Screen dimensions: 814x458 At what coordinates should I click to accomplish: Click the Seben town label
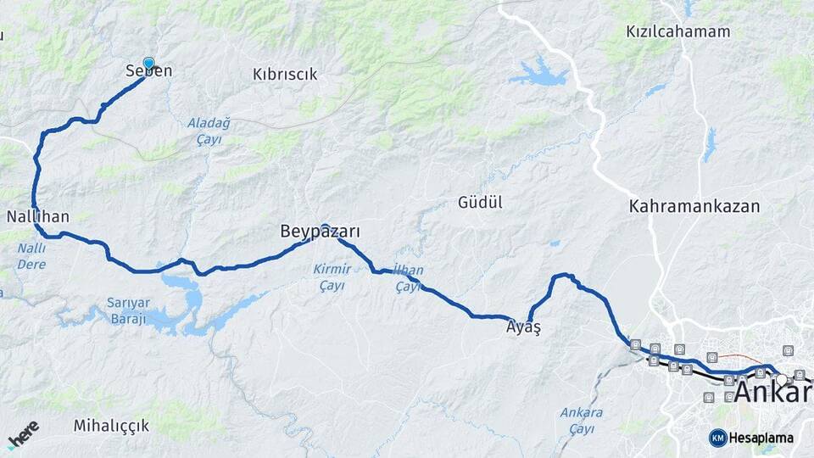pyautogui.click(x=148, y=71)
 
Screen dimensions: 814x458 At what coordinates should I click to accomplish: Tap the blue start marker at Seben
pyautogui.click(x=149, y=63)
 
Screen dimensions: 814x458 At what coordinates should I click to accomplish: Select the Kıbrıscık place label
pyautogui.click(x=285, y=75)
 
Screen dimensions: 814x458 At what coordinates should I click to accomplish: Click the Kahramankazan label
pyautogui.click(x=694, y=206)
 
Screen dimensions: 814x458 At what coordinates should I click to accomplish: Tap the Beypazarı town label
pyautogui.click(x=321, y=232)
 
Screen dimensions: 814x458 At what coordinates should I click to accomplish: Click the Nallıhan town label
pyautogui.click(x=37, y=217)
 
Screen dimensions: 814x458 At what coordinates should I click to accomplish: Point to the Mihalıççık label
pyautogui.click(x=111, y=425)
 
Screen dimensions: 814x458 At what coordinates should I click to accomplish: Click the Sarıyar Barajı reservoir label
pyautogui.click(x=127, y=310)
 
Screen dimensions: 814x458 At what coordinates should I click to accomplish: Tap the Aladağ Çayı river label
pyautogui.click(x=209, y=131)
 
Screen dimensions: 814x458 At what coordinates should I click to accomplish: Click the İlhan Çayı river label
pyautogui.click(x=410, y=279)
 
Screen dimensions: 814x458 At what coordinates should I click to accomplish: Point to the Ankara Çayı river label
pyautogui.click(x=582, y=420)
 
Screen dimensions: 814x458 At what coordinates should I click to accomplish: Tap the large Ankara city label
pyautogui.click(x=772, y=392)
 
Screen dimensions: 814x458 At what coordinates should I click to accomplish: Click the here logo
pyautogui.click(x=24, y=434)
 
